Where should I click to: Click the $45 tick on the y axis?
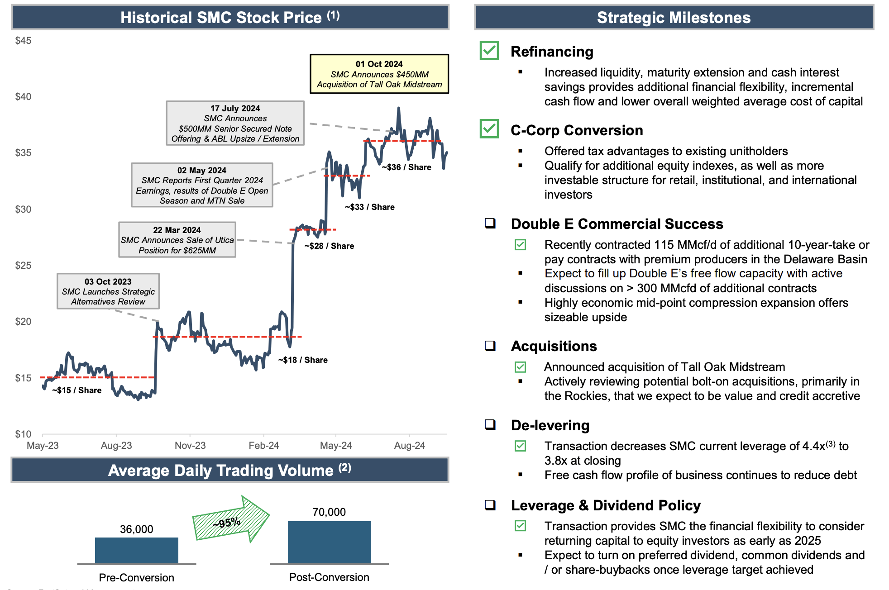[x=23, y=41]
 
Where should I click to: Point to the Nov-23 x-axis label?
[x=190, y=446]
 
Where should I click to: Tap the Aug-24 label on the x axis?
[x=410, y=446]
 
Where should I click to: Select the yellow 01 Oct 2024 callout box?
[x=379, y=74]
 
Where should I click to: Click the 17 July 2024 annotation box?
[x=235, y=123]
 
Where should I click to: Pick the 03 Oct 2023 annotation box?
[x=108, y=291]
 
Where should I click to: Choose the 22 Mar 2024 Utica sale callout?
[x=177, y=240]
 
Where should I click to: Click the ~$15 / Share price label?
[x=77, y=390]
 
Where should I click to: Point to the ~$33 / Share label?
[x=370, y=207]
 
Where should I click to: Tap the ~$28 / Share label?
[x=330, y=246]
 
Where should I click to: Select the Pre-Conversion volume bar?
[x=137, y=551]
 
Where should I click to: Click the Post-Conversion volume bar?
[x=330, y=542]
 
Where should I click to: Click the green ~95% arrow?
[x=231, y=521]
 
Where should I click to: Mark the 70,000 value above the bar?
[x=329, y=512]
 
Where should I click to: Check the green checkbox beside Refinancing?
[x=489, y=50]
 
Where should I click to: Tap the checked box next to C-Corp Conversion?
[x=489, y=129]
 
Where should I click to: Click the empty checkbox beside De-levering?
[x=490, y=424]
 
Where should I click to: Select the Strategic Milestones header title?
[x=674, y=18]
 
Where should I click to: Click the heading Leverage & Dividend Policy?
[x=606, y=505]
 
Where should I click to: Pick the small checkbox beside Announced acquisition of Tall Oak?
[x=521, y=367]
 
